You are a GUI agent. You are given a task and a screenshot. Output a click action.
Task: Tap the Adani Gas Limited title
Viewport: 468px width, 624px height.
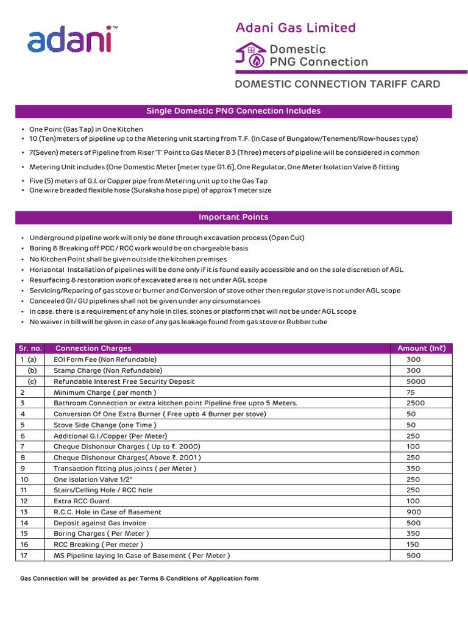tap(296, 27)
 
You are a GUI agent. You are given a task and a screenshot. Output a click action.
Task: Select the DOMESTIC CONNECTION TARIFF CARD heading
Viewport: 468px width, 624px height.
tap(337, 84)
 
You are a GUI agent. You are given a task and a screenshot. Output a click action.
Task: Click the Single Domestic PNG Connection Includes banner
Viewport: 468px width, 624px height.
tap(233, 111)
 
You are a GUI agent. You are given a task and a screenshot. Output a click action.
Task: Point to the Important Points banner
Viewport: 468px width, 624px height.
tap(233, 217)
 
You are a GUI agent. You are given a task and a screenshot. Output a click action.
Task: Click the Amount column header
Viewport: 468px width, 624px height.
tap(421, 349)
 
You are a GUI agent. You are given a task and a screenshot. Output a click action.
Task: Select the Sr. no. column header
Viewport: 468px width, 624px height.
tap(30, 349)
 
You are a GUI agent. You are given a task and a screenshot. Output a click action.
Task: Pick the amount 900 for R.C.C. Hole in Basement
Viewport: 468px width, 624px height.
tap(414, 512)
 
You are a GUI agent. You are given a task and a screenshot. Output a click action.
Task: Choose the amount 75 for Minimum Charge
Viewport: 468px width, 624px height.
tap(411, 392)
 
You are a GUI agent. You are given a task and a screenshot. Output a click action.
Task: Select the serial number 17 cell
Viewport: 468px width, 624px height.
tap(24, 556)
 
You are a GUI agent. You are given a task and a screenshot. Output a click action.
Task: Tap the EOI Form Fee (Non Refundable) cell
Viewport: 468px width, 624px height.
tap(105, 360)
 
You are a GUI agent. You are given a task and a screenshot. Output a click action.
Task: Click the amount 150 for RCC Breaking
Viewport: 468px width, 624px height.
tap(414, 545)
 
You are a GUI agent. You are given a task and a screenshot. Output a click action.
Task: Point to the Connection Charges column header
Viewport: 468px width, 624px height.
tap(93, 349)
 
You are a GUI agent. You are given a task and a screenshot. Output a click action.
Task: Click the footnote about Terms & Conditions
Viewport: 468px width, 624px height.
tap(140, 578)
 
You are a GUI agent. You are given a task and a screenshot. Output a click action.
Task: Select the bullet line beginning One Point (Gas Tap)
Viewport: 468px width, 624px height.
tap(86, 129)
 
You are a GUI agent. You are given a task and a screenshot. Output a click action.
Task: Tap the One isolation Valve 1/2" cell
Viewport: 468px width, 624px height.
tap(93, 480)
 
